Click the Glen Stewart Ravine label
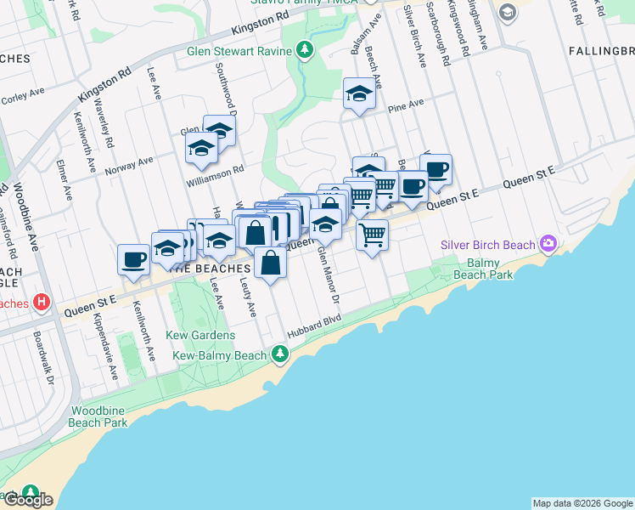[x=239, y=50]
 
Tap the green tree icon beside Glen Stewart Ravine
[x=306, y=50]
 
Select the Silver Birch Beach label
[x=487, y=245]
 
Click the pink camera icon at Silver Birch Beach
[x=548, y=245]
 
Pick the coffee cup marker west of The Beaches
[x=134, y=258]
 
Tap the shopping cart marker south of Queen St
[x=372, y=234]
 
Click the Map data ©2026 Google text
[x=582, y=503]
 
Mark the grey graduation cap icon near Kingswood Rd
[x=507, y=11]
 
